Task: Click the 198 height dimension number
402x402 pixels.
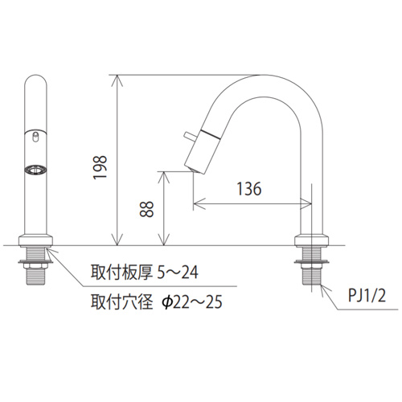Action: click(x=100, y=167)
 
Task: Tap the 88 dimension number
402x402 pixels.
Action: click(x=146, y=209)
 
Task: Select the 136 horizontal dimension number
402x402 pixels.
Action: click(x=249, y=189)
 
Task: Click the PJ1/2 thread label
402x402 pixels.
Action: click(x=367, y=296)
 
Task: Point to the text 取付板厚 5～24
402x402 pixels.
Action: click(x=145, y=273)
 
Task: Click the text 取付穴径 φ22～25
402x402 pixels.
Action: click(x=157, y=302)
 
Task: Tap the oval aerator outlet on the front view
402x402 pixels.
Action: click(x=35, y=170)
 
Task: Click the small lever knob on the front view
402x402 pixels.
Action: click(x=35, y=137)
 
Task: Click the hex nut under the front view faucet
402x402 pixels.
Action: click(x=35, y=265)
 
